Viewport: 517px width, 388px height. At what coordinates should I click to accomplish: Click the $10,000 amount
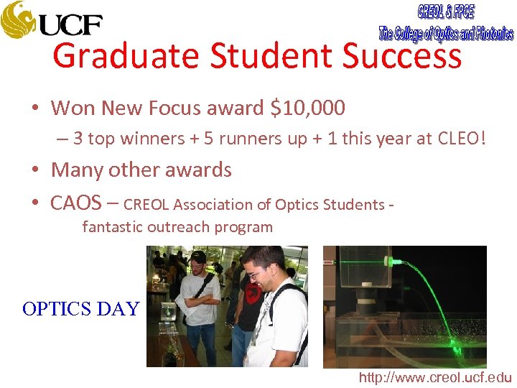(x=307, y=108)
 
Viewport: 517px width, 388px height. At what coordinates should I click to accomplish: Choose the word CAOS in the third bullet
(x=75, y=203)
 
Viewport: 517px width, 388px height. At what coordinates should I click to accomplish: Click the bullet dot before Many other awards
(x=34, y=171)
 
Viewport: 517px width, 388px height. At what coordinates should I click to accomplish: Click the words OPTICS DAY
(x=80, y=309)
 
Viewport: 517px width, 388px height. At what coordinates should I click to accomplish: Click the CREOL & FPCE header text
(x=446, y=12)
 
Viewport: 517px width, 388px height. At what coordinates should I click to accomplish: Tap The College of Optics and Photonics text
(x=446, y=33)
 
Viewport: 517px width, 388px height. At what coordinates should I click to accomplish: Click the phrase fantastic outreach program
(x=177, y=227)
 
